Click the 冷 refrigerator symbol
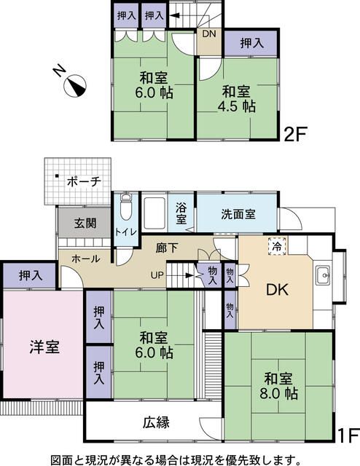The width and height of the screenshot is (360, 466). (x=276, y=245)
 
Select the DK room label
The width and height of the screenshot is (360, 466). (x=277, y=289)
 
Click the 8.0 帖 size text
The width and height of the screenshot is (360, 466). (x=280, y=394)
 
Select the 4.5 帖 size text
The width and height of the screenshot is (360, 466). (x=238, y=106)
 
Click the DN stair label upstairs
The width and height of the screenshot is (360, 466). (x=208, y=33)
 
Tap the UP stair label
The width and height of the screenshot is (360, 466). (x=157, y=275)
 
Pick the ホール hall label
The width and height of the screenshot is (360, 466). (x=85, y=258)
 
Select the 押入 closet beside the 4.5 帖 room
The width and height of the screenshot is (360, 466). (x=251, y=44)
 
